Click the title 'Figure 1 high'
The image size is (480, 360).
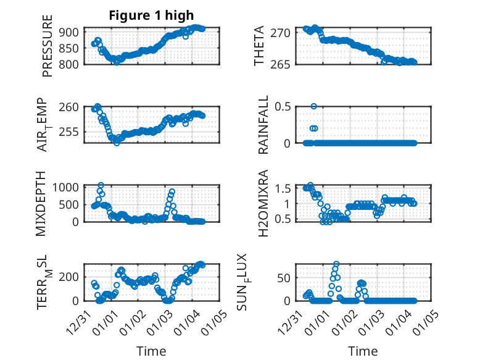click(x=151, y=15)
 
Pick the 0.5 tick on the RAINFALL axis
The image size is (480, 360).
click(x=283, y=106)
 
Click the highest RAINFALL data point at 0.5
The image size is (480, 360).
click(x=314, y=106)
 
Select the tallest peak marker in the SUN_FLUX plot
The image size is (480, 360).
click(x=336, y=264)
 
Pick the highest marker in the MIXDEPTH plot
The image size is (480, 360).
click(x=101, y=185)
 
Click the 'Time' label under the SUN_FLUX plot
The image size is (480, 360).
click(x=363, y=351)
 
